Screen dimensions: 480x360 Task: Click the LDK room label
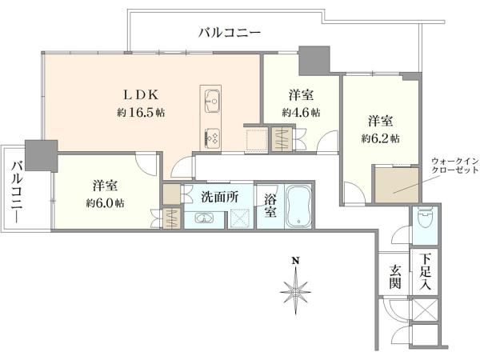point(141,95)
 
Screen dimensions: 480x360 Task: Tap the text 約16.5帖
point(141,113)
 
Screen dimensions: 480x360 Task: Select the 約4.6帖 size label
point(302,113)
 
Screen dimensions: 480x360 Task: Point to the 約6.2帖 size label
point(380,138)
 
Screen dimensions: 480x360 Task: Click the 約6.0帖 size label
point(105,203)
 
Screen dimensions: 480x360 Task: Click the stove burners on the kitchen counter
point(211,137)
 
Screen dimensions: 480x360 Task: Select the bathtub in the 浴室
point(298,206)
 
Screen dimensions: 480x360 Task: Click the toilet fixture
point(425,217)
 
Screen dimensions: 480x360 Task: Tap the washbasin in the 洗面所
point(203,218)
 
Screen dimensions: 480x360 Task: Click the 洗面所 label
point(219,198)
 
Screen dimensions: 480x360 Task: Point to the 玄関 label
point(395,277)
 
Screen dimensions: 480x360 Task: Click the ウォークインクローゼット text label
point(454,165)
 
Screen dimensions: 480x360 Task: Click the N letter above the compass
point(295,261)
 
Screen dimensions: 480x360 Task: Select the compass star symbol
point(295,290)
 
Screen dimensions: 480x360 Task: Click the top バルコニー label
point(230,33)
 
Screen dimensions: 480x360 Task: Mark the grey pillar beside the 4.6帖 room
point(314,61)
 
